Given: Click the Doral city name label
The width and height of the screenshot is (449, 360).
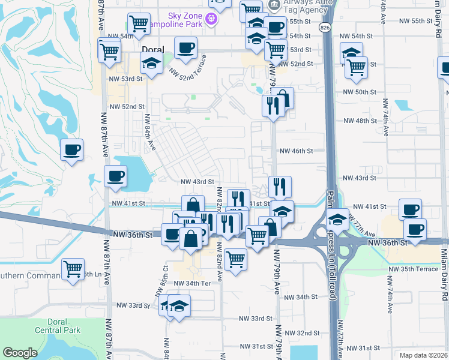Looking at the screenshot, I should [152, 50].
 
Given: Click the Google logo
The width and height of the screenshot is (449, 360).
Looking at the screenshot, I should [20, 353].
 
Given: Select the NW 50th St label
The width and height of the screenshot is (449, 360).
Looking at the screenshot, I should [359, 92].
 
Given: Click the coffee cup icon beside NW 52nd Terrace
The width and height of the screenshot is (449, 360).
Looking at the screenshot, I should [185, 47].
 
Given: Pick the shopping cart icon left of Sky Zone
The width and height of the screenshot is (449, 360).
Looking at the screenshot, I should [139, 24].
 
